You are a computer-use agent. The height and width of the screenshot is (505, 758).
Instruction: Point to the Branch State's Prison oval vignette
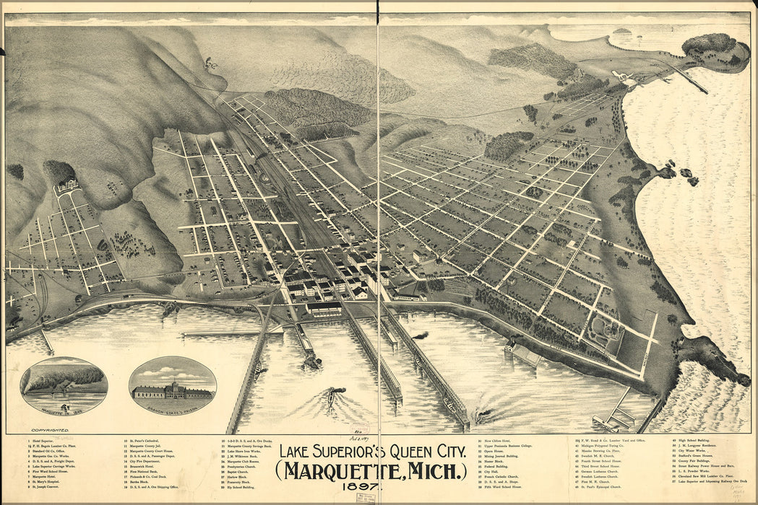pos(172,386)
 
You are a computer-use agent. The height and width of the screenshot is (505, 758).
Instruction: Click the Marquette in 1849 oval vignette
pos(64,386)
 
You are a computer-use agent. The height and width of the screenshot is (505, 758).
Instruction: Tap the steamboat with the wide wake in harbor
pos(331,395)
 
